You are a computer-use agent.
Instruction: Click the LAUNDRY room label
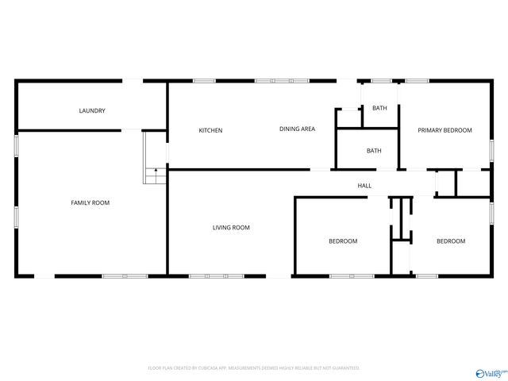92,111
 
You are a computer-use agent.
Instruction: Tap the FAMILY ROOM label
90,203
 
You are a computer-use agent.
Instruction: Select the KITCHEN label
210,130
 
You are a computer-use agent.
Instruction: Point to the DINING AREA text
297,129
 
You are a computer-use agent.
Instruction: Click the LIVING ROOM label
231,228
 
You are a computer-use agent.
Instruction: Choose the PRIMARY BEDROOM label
445,130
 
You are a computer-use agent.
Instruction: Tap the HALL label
364,186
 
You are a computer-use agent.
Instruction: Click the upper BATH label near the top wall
380,108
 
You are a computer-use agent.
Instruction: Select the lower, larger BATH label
374,151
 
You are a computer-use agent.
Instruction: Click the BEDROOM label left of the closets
343,241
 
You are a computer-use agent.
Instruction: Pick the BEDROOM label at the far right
451,241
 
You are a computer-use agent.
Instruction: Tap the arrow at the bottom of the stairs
156,171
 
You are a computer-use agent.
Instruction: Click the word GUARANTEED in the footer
343,368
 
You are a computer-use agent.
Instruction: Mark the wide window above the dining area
282,80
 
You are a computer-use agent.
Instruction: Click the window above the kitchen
204,80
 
